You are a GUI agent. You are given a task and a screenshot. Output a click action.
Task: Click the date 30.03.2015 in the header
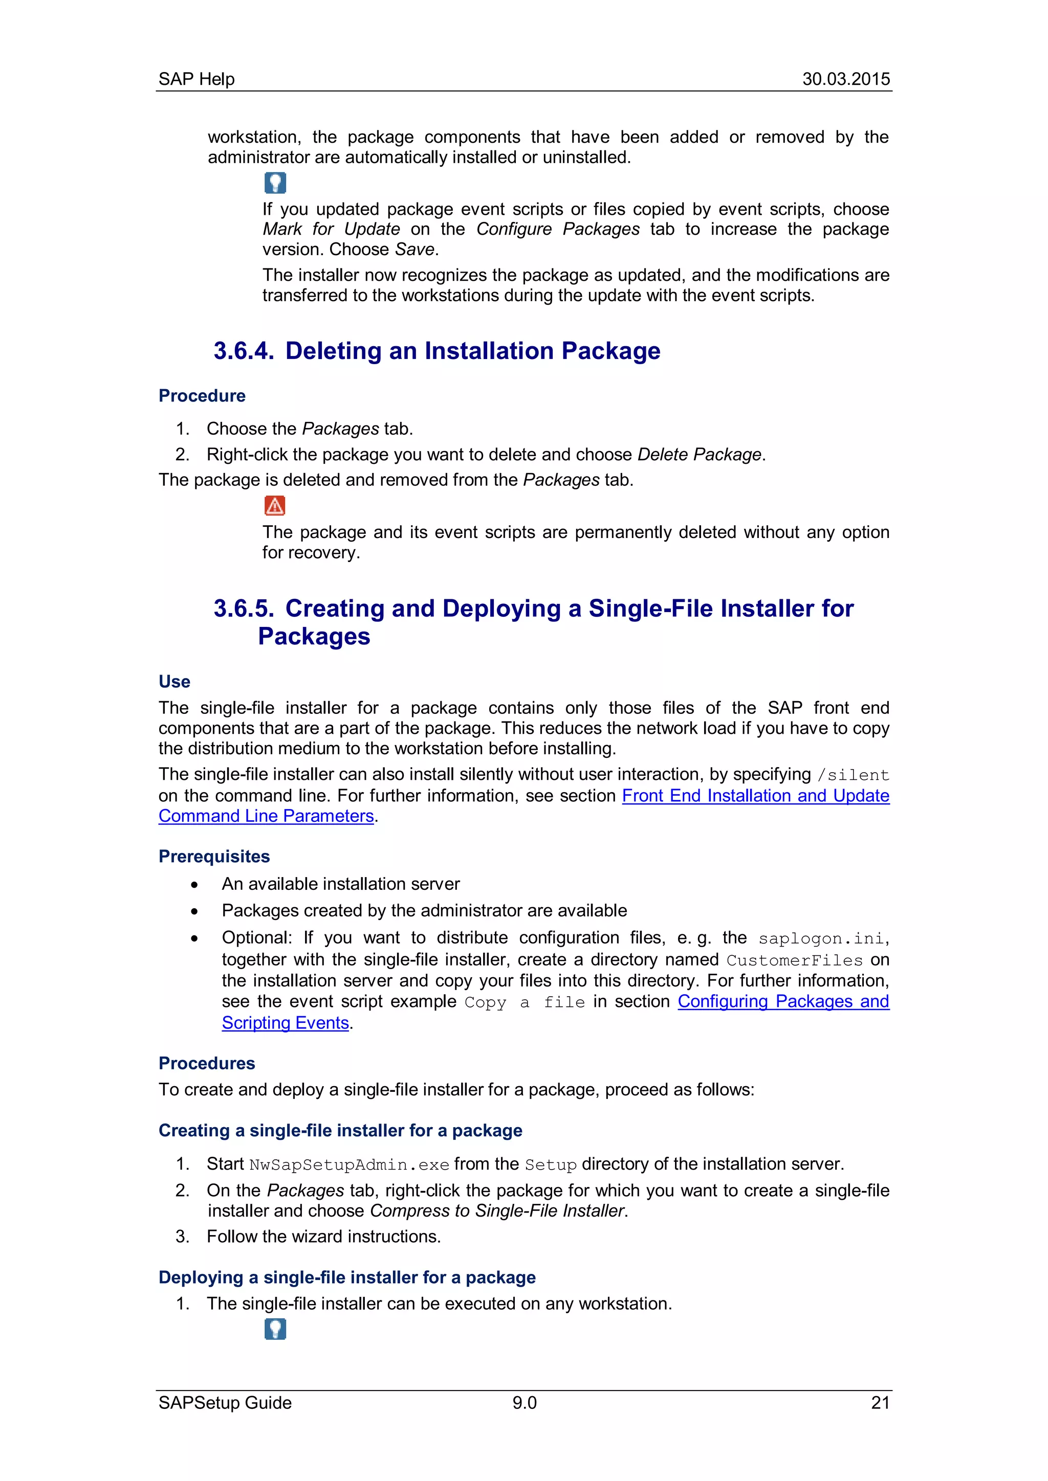pos(845,79)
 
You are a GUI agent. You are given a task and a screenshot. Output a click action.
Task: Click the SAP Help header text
pos(196,79)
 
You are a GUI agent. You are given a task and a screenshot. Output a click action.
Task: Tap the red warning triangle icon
pos(275,506)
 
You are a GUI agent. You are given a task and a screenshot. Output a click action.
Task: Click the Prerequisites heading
pos(214,856)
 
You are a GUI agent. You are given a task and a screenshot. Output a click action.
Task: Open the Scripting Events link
pos(285,1022)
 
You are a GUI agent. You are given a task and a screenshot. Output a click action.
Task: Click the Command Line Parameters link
pos(266,816)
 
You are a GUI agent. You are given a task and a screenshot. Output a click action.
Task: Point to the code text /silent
pos(853,775)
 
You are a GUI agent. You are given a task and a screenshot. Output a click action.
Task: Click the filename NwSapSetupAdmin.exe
pos(348,1165)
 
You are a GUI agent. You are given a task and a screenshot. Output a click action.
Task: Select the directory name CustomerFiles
pos(794,960)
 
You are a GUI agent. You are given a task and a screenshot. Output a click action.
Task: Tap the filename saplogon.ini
pos(821,938)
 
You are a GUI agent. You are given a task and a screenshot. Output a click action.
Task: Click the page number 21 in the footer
pos(880,1403)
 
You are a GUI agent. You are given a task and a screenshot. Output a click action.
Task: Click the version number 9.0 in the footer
pos(524,1403)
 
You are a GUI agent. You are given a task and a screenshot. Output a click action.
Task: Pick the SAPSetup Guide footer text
pos(225,1403)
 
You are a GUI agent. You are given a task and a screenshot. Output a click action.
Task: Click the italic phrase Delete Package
pos(699,455)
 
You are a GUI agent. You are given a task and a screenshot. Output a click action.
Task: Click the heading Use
pos(174,682)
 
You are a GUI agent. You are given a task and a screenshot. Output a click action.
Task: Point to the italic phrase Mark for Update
pos(331,230)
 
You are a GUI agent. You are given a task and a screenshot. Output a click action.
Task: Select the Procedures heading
pos(207,1063)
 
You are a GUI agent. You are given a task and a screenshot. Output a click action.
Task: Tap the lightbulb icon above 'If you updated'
pos(275,183)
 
